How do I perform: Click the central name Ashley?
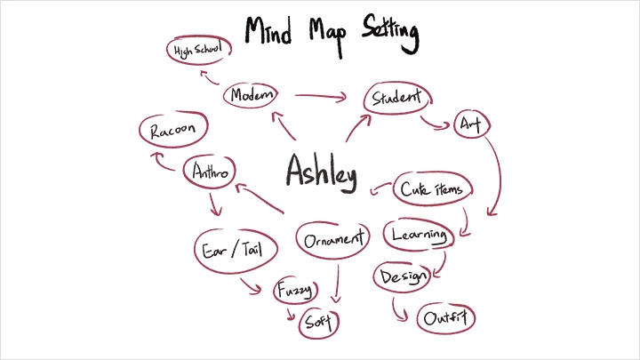click(x=321, y=170)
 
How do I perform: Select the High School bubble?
click(x=200, y=51)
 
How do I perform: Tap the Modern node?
click(x=252, y=95)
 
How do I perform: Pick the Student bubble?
click(x=396, y=98)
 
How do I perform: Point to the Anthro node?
click(x=210, y=172)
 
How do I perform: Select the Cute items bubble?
click(x=433, y=189)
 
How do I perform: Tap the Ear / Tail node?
click(x=230, y=248)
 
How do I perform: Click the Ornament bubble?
click(x=332, y=240)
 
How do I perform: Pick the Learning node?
click(x=420, y=236)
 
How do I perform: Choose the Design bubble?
click(x=402, y=276)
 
